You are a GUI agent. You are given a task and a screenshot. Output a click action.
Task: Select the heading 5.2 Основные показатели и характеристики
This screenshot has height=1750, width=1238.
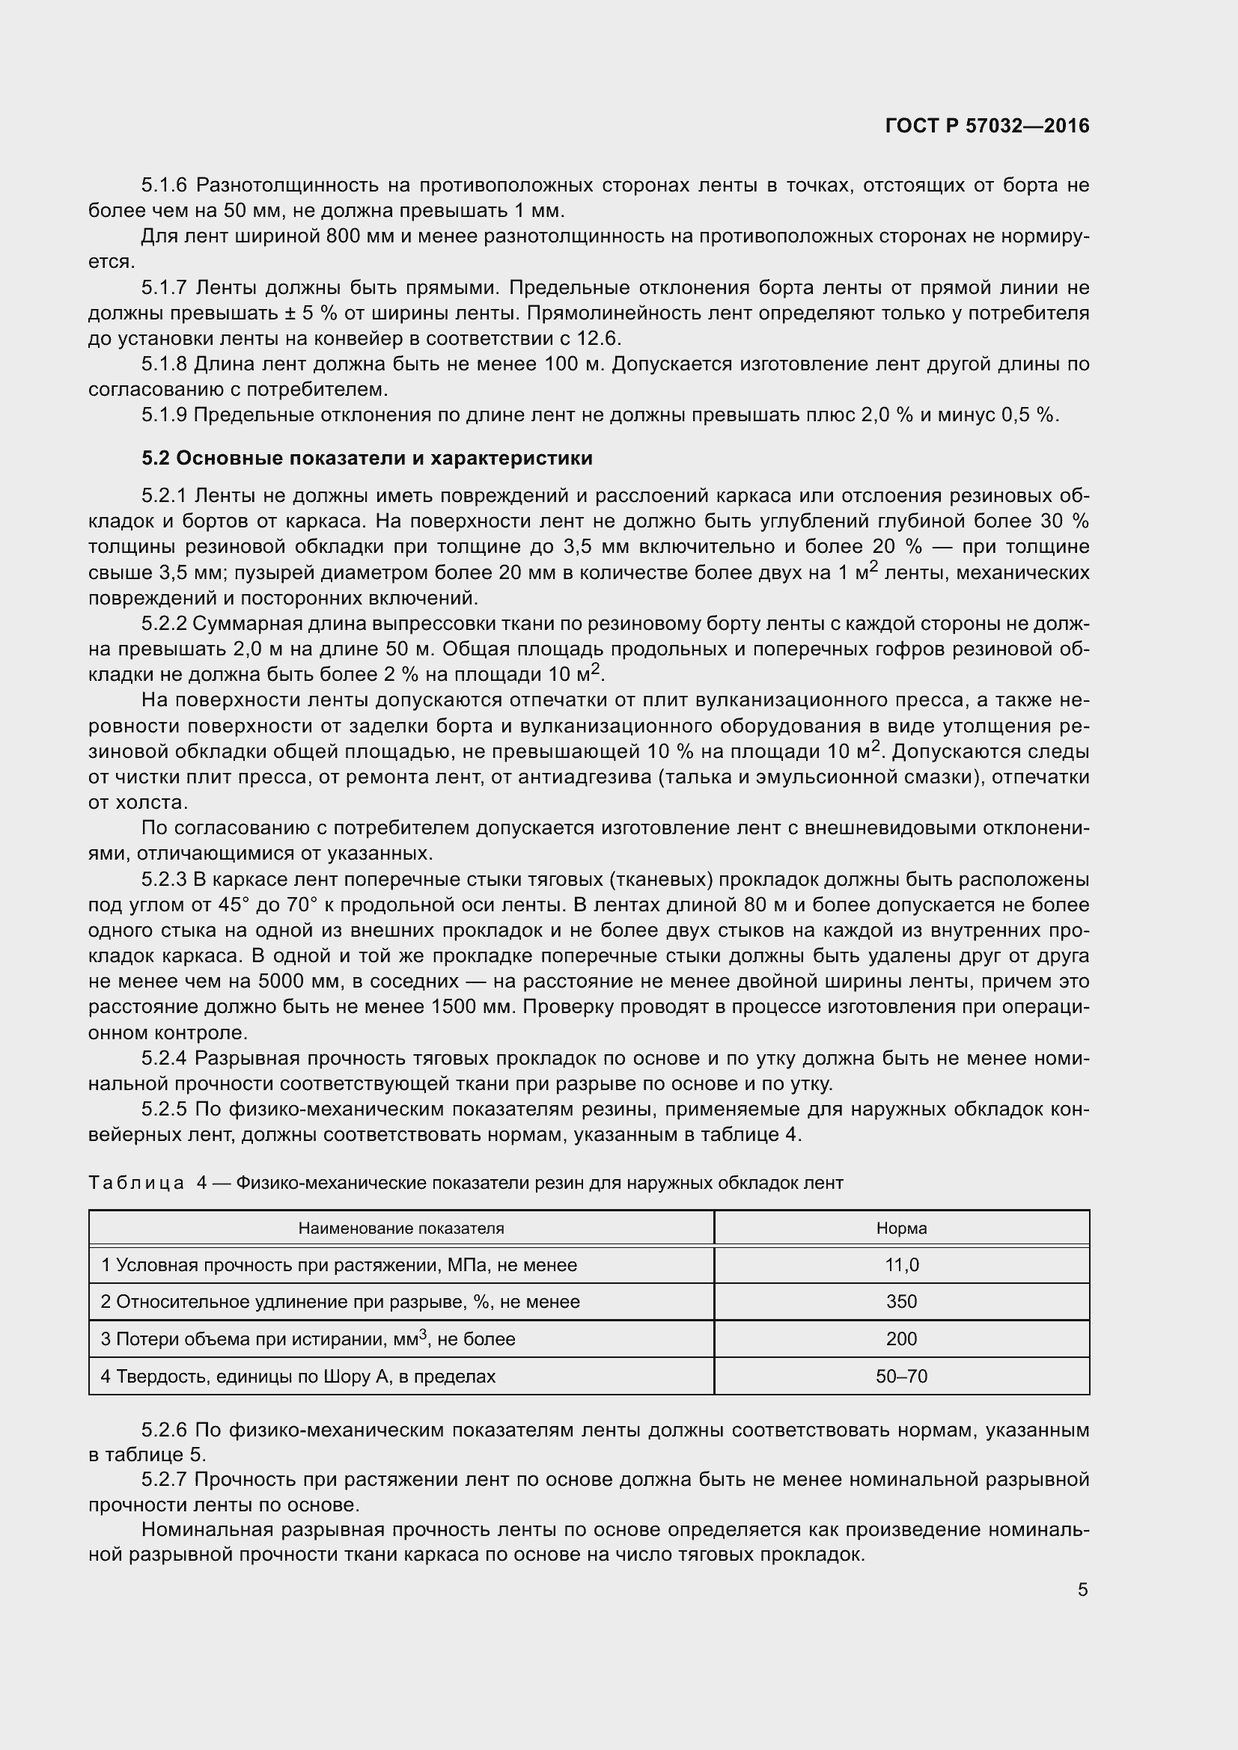(x=367, y=458)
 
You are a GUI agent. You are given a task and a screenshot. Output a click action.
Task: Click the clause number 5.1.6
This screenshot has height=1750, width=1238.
(x=163, y=186)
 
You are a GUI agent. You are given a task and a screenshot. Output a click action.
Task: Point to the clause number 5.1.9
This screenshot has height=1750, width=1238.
(x=163, y=415)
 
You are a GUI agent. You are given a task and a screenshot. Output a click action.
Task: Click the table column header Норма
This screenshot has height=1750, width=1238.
(x=901, y=1228)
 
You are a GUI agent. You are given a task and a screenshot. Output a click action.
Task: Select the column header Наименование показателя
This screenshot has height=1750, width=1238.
(x=401, y=1228)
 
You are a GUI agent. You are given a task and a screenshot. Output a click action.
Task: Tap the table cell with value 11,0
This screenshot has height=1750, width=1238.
(x=901, y=1265)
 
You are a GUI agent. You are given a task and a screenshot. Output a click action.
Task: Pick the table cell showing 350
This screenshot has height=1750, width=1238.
(x=901, y=1302)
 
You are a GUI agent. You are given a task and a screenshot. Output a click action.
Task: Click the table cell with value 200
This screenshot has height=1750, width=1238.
(x=901, y=1339)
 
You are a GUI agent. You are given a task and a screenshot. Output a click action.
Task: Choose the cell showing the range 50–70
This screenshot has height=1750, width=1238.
(x=901, y=1377)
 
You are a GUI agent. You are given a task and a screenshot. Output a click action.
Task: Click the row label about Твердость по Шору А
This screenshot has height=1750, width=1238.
(x=298, y=1377)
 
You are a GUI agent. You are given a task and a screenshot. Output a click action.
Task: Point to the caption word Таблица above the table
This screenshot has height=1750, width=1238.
(x=135, y=1183)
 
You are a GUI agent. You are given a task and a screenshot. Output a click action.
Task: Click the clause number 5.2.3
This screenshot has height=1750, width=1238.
(x=163, y=880)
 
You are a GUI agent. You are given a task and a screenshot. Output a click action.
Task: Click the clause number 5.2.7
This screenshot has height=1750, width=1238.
(x=163, y=1479)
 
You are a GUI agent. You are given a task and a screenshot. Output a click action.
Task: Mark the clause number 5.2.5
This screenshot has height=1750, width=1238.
(x=163, y=1109)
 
